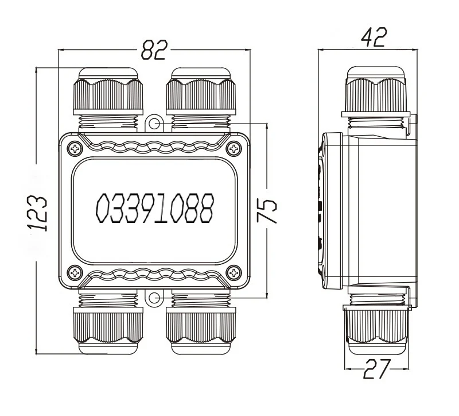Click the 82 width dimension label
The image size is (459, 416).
pos(154,50)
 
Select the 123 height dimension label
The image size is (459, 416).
pos(37,213)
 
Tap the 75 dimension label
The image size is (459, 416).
pos(267,210)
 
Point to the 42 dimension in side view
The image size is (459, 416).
pos(374,37)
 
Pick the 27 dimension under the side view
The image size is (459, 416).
pos(378,368)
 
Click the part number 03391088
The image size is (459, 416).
pos(155,209)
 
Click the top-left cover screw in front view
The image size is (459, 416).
pos(75,149)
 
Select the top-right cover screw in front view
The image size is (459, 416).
pos(234,149)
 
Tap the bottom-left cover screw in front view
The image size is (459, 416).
pos(75,273)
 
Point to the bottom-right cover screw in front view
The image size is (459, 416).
pos(234,273)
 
